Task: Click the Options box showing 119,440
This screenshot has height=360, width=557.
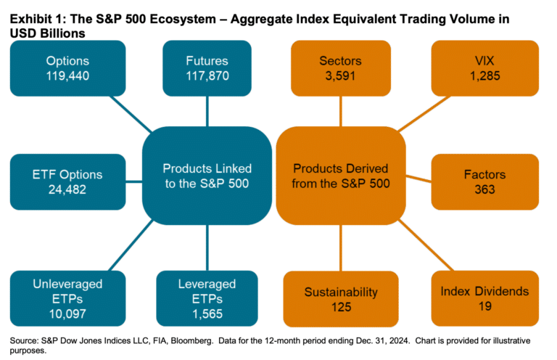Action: pyautogui.click(x=68, y=67)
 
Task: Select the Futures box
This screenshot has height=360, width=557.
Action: pyautogui.click(x=207, y=67)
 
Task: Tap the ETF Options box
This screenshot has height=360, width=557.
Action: pyautogui.click(x=68, y=182)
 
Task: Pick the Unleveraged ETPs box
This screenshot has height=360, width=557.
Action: pyautogui.click(x=68, y=298)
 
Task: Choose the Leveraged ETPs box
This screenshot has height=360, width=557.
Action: pyautogui.click(x=207, y=298)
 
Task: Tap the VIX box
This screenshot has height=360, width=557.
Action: pyautogui.click(x=485, y=67)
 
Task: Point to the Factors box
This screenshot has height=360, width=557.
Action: pyautogui.click(x=485, y=182)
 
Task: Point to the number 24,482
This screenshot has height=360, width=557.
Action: pyautogui.click(x=68, y=189)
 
